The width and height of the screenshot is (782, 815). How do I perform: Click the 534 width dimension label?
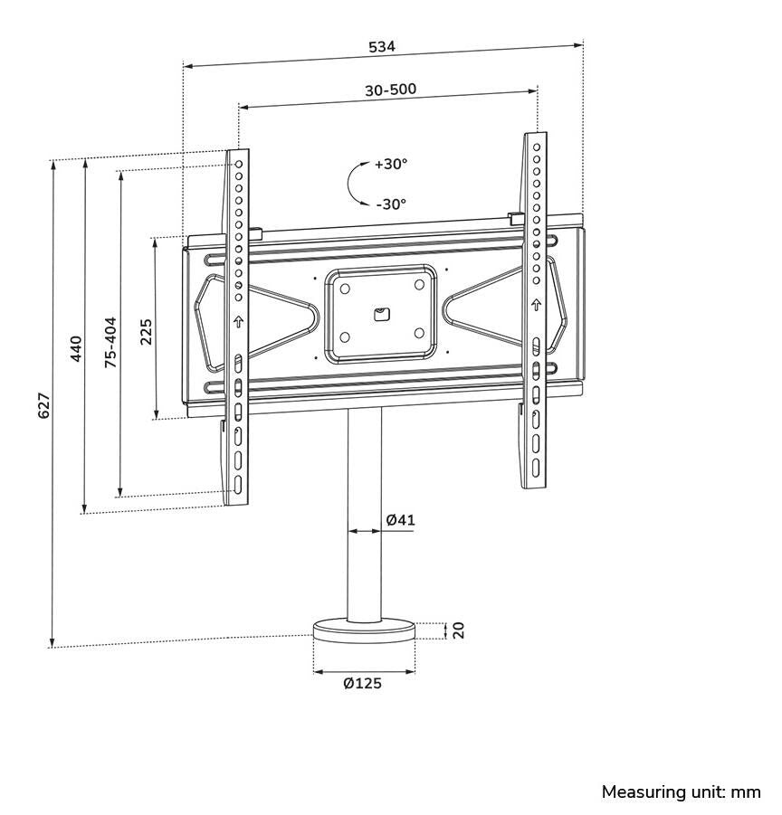coord(381,46)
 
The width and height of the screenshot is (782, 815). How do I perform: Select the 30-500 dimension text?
coord(390,90)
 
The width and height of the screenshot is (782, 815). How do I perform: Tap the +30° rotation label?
coord(391,165)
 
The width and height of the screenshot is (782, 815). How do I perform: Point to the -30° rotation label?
coord(391,204)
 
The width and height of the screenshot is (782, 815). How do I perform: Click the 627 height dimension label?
coord(43,404)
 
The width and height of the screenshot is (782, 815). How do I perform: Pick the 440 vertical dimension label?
coord(76,348)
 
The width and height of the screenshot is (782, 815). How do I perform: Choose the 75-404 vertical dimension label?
coord(110,342)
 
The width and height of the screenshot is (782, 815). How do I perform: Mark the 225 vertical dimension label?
coord(146,332)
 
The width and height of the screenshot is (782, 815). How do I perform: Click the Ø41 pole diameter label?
coord(400,520)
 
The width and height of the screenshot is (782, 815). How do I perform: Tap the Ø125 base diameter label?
coord(362,683)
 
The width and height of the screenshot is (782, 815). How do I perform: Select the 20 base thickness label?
coord(458,630)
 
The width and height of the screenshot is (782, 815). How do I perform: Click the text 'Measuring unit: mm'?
coord(681,792)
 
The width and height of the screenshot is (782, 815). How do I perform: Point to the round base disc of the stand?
coord(364,630)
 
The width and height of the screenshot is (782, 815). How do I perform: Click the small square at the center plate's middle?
coord(381,314)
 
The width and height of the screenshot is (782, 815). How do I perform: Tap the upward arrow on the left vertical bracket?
coord(239,321)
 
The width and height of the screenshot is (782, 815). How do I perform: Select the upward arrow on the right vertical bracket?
coord(536,304)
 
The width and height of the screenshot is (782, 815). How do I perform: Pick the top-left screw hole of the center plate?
coord(344,287)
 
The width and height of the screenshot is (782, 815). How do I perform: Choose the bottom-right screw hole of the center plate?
coord(419,333)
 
